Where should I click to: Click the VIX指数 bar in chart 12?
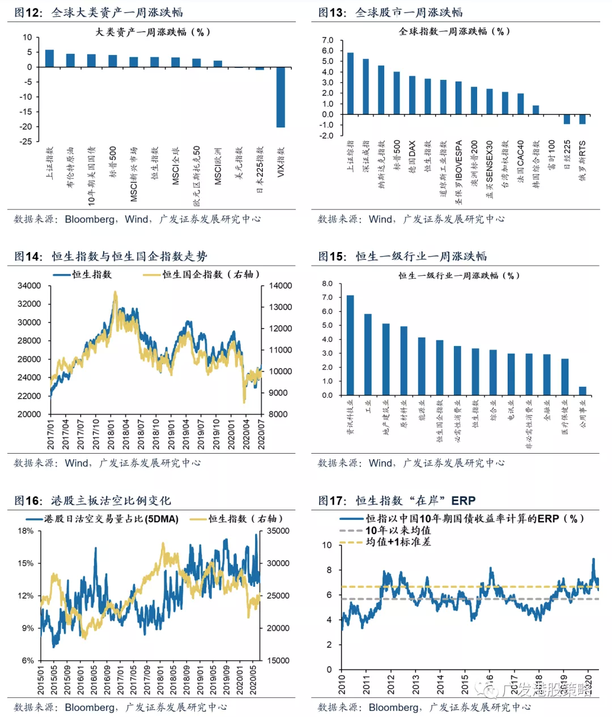coord(280,97)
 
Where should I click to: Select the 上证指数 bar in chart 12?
coord(49,58)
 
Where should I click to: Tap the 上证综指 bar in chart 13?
coord(350,84)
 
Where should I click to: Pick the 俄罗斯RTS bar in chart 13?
coord(582,119)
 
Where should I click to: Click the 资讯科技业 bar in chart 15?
coord(350,345)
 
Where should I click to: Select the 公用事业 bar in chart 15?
coord(582,391)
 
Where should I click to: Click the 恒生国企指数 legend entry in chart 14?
coord(201,275)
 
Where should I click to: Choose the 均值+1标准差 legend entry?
coord(398,542)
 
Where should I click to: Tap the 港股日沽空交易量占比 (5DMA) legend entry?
coord(111,519)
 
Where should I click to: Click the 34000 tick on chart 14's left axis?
coord(29,286)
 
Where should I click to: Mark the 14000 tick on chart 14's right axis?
coord(280,286)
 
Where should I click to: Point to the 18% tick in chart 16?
coord(26,531)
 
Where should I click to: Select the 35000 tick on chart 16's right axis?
coord(278,531)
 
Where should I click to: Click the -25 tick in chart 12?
coord(26,142)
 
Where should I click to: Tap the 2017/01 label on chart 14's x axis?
coord(50,434)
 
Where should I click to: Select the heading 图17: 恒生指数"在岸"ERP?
coord(397,501)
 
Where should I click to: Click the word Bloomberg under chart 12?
coord(90,219)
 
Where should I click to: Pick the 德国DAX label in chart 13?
coord(413,156)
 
